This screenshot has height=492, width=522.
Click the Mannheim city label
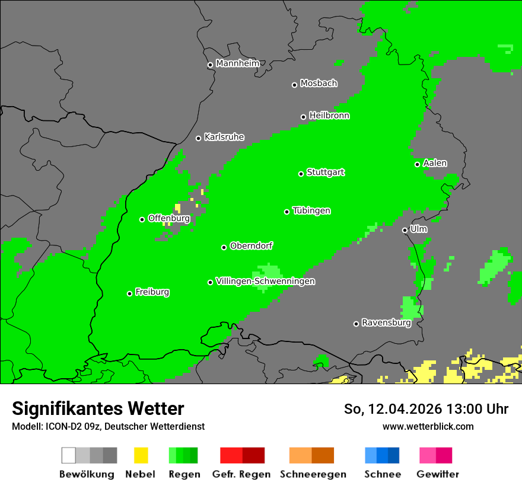coord(237,63)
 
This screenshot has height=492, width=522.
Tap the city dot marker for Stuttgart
coord(301,174)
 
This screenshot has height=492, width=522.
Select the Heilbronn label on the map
coord(329,116)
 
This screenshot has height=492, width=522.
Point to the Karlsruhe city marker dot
coord(199,138)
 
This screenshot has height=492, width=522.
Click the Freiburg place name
coord(152,292)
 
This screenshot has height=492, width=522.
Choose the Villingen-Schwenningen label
coord(265,281)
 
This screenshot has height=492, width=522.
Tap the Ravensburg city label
coord(386,323)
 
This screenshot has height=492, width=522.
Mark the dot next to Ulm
coord(405,230)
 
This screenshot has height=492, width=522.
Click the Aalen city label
coord(435,163)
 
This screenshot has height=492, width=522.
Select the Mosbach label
coord(319,84)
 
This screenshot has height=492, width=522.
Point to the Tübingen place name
coord(311,211)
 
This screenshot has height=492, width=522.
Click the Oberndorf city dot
coord(224,247)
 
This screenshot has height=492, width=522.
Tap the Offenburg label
coord(168,218)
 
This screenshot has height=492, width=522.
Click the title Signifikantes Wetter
coord(98,408)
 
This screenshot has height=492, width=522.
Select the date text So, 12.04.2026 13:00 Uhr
coord(426,409)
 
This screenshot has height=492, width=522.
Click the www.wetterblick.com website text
coord(428,426)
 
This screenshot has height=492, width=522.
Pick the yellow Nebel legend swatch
coord(141,455)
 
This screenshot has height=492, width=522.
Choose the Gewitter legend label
coord(438,474)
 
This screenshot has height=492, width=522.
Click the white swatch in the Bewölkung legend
coord(69,455)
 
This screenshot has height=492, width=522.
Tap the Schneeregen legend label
coord(313,474)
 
